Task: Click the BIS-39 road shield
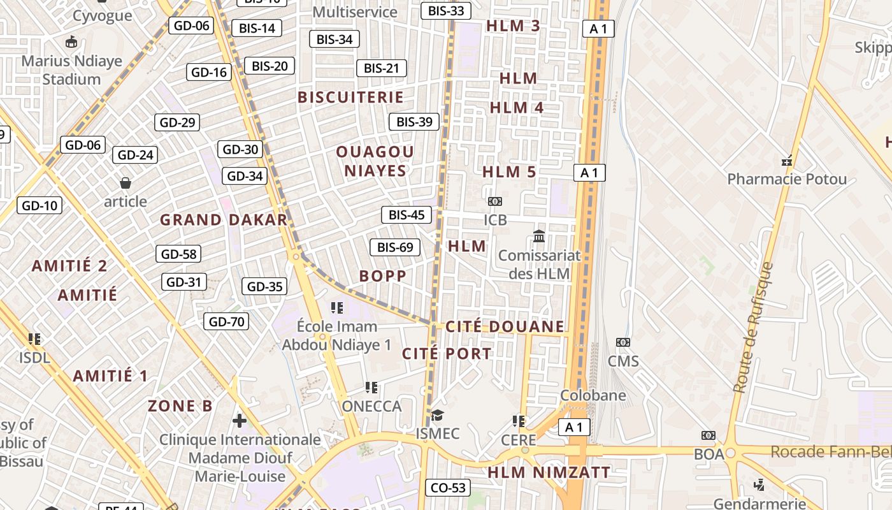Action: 414,122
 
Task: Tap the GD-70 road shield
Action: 226,321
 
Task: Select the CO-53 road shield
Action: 448,488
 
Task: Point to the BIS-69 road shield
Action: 395,247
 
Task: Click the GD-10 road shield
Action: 40,205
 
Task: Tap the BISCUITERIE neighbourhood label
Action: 351,98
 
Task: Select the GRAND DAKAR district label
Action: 224,220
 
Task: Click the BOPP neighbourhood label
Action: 382,276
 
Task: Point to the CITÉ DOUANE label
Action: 505,327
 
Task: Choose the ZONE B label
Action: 180,406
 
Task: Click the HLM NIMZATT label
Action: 549,472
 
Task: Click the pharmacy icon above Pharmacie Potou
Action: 788,161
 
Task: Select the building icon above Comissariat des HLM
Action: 539,236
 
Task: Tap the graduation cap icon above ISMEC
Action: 437,416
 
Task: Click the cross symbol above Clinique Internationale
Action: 240,421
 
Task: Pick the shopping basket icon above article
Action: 126,184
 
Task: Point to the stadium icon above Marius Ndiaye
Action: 71,43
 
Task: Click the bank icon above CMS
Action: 622,342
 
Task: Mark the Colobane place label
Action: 593,395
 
